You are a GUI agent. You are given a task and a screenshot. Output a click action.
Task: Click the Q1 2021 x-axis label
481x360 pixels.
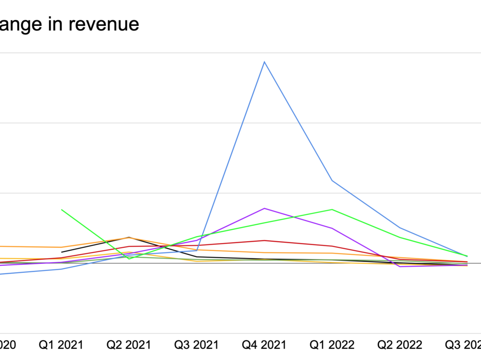60,345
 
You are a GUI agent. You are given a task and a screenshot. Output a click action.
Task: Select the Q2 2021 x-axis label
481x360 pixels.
129,345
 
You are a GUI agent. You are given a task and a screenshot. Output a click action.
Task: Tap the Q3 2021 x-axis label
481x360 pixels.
197,345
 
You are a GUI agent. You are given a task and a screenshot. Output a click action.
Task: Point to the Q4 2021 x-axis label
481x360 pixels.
264,345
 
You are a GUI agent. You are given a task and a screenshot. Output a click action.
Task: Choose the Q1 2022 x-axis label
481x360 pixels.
332,345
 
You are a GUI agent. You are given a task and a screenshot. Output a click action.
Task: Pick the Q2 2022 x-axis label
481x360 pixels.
400,345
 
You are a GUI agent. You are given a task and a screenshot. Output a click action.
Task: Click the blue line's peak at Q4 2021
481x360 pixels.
264,62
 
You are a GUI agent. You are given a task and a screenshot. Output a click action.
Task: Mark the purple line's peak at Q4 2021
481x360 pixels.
264,208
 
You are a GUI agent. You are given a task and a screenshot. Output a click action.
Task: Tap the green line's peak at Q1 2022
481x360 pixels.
332,209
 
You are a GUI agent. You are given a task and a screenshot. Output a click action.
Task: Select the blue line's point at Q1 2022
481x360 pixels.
332,180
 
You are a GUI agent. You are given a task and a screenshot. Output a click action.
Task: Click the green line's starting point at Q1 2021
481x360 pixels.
61,209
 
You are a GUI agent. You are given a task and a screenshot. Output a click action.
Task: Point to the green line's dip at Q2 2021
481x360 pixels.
129,259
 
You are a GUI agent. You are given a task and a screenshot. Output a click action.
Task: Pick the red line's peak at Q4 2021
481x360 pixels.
264,240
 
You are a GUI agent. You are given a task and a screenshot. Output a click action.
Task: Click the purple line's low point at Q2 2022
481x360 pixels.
400,267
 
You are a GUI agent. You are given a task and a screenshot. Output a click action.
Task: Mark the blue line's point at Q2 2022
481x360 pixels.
400,228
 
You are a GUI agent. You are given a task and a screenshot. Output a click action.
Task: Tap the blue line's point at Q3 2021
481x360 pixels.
197,250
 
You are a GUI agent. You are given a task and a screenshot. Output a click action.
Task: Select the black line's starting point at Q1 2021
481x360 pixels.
61,252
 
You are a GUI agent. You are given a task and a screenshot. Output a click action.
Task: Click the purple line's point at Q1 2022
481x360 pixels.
332,228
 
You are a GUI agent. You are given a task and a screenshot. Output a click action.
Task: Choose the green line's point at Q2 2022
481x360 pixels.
400,237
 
